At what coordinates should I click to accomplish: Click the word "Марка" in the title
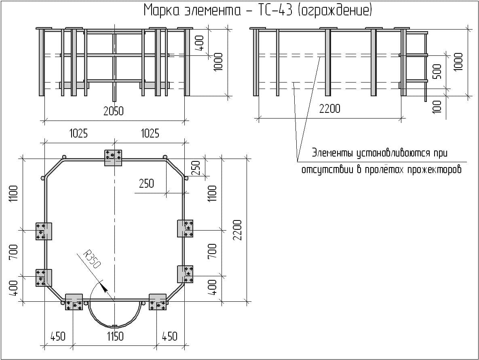point(160,11)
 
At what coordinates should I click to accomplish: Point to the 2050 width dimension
point(113,111)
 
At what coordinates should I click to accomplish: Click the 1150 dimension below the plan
point(115,336)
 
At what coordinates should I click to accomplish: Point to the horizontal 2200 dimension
point(329,109)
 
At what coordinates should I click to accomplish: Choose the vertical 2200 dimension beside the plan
point(237,230)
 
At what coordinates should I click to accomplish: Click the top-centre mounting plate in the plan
point(113,157)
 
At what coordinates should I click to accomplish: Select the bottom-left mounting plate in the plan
point(74,302)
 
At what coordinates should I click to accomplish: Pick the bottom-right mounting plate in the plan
point(158,302)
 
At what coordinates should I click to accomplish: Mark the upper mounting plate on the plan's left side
point(44,231)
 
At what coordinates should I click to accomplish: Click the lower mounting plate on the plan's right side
point(185,274)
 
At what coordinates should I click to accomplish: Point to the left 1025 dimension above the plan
point(78,133)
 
